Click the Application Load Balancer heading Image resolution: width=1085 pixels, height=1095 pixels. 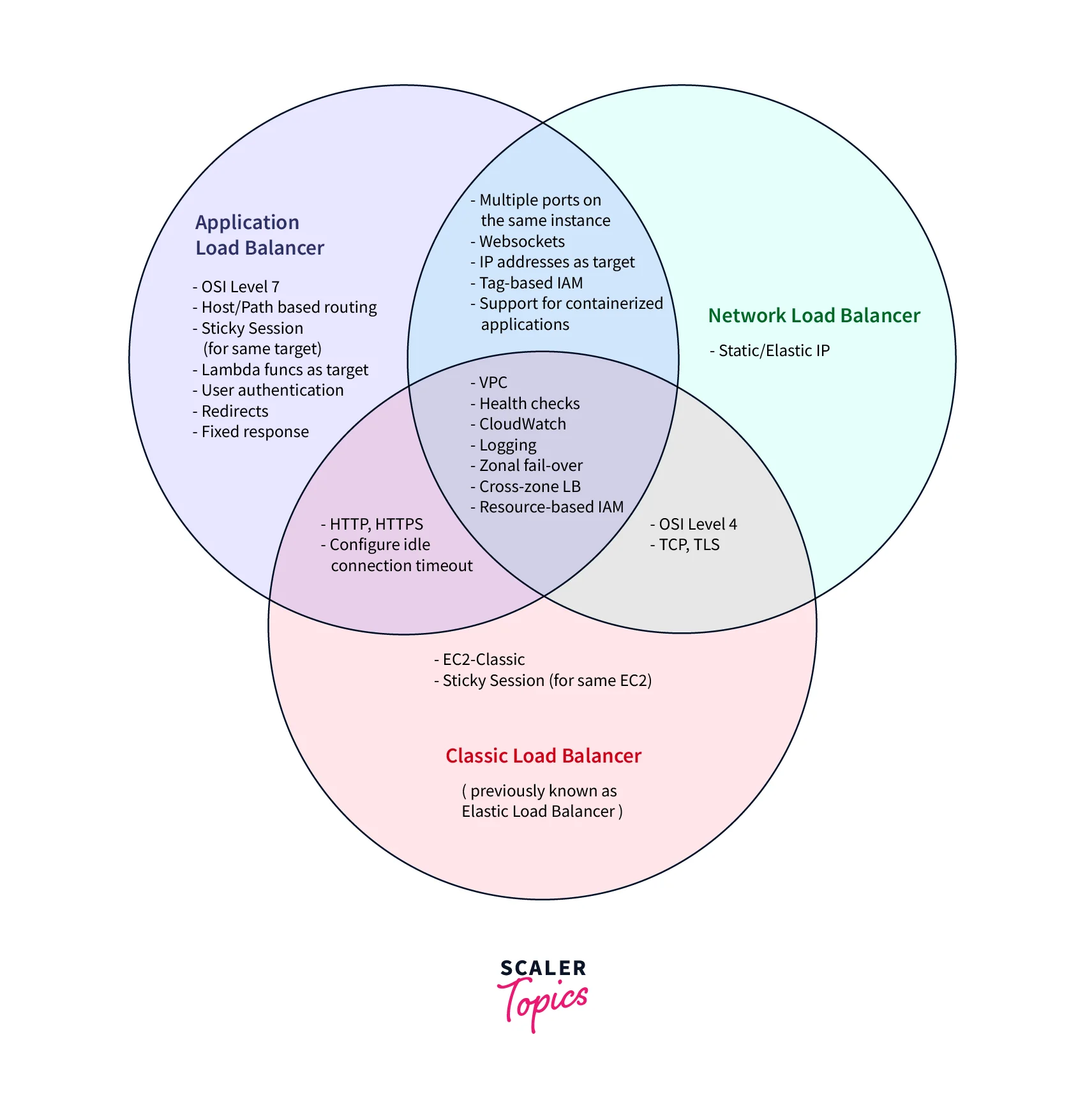(x=259, y=235)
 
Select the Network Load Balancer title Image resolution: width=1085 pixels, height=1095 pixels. (x=814, y=315)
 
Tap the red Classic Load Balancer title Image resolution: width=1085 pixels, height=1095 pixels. (x=543, y=756)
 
